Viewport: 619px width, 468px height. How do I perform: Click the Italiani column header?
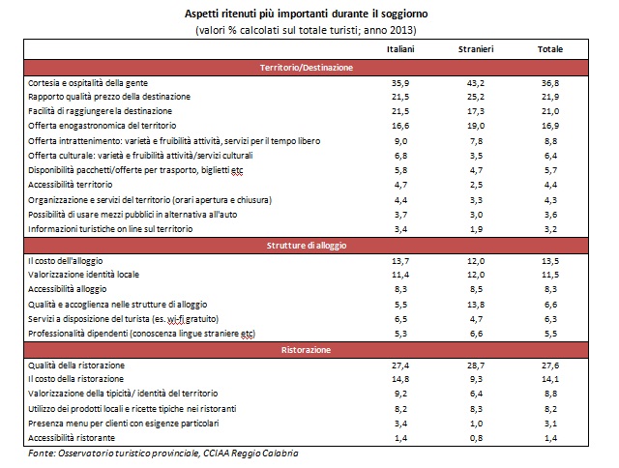400,49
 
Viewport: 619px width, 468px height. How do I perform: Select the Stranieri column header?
476,49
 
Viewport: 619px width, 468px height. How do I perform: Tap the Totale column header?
550,49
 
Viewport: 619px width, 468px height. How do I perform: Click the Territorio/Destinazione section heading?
306,68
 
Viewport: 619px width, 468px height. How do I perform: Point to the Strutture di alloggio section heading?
307,246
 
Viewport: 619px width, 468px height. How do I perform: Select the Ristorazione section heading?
306,350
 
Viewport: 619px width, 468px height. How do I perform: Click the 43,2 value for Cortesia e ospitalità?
476,83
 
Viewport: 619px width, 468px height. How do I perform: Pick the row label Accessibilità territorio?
71,185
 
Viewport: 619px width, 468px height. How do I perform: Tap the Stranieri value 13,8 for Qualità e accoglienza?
476,305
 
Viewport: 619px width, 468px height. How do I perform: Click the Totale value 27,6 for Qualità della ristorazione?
550,366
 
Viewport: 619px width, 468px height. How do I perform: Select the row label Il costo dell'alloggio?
65,261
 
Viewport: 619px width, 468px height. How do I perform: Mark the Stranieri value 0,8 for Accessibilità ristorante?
476,438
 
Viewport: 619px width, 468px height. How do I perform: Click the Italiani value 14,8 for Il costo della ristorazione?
400,379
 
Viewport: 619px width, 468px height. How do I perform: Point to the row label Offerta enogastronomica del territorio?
103,126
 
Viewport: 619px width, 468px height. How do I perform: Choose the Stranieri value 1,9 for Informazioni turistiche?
476,229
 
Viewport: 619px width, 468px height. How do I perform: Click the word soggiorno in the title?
404,15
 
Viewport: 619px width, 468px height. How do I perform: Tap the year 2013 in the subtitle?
401,30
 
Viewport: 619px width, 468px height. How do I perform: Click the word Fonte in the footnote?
41,453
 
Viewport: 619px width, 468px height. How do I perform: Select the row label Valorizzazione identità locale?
84,275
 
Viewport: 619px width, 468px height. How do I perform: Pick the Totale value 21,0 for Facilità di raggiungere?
550,111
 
